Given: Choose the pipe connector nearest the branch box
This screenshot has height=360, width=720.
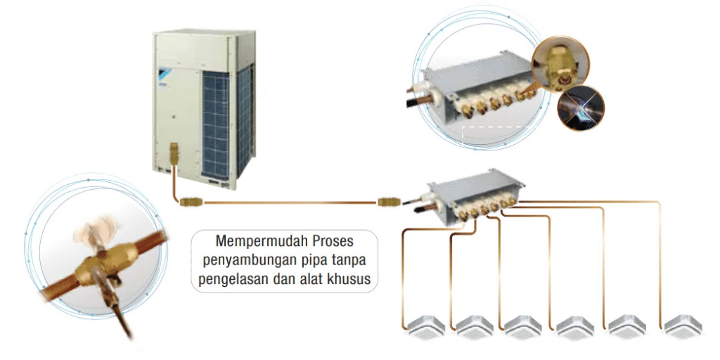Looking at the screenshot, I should (x=388, y=202).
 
